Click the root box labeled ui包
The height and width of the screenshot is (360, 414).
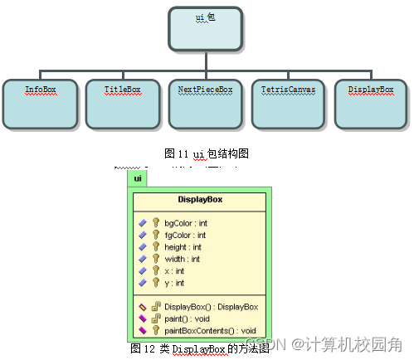(205, 28)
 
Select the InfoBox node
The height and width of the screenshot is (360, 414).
(41, 103)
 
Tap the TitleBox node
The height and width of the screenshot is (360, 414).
(123, 103)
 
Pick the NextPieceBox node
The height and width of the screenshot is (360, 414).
(206, 103)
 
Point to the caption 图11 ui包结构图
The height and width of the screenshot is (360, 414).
(207, 153)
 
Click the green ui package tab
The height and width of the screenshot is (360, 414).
(137, 178)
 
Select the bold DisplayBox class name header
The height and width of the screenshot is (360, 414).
(200, 200)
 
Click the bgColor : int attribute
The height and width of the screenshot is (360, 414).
(186, 223)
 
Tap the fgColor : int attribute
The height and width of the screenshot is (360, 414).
(185, 235)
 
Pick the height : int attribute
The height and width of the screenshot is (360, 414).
(182, 247)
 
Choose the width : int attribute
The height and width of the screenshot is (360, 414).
(182, 259)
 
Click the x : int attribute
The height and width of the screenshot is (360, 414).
(174, 270)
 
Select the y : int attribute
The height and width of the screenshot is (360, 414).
(174, 282)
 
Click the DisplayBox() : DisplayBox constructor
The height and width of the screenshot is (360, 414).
(212, 307)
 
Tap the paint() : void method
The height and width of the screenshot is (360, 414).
(187, 319)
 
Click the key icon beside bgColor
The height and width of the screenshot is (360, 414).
(155, 223)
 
